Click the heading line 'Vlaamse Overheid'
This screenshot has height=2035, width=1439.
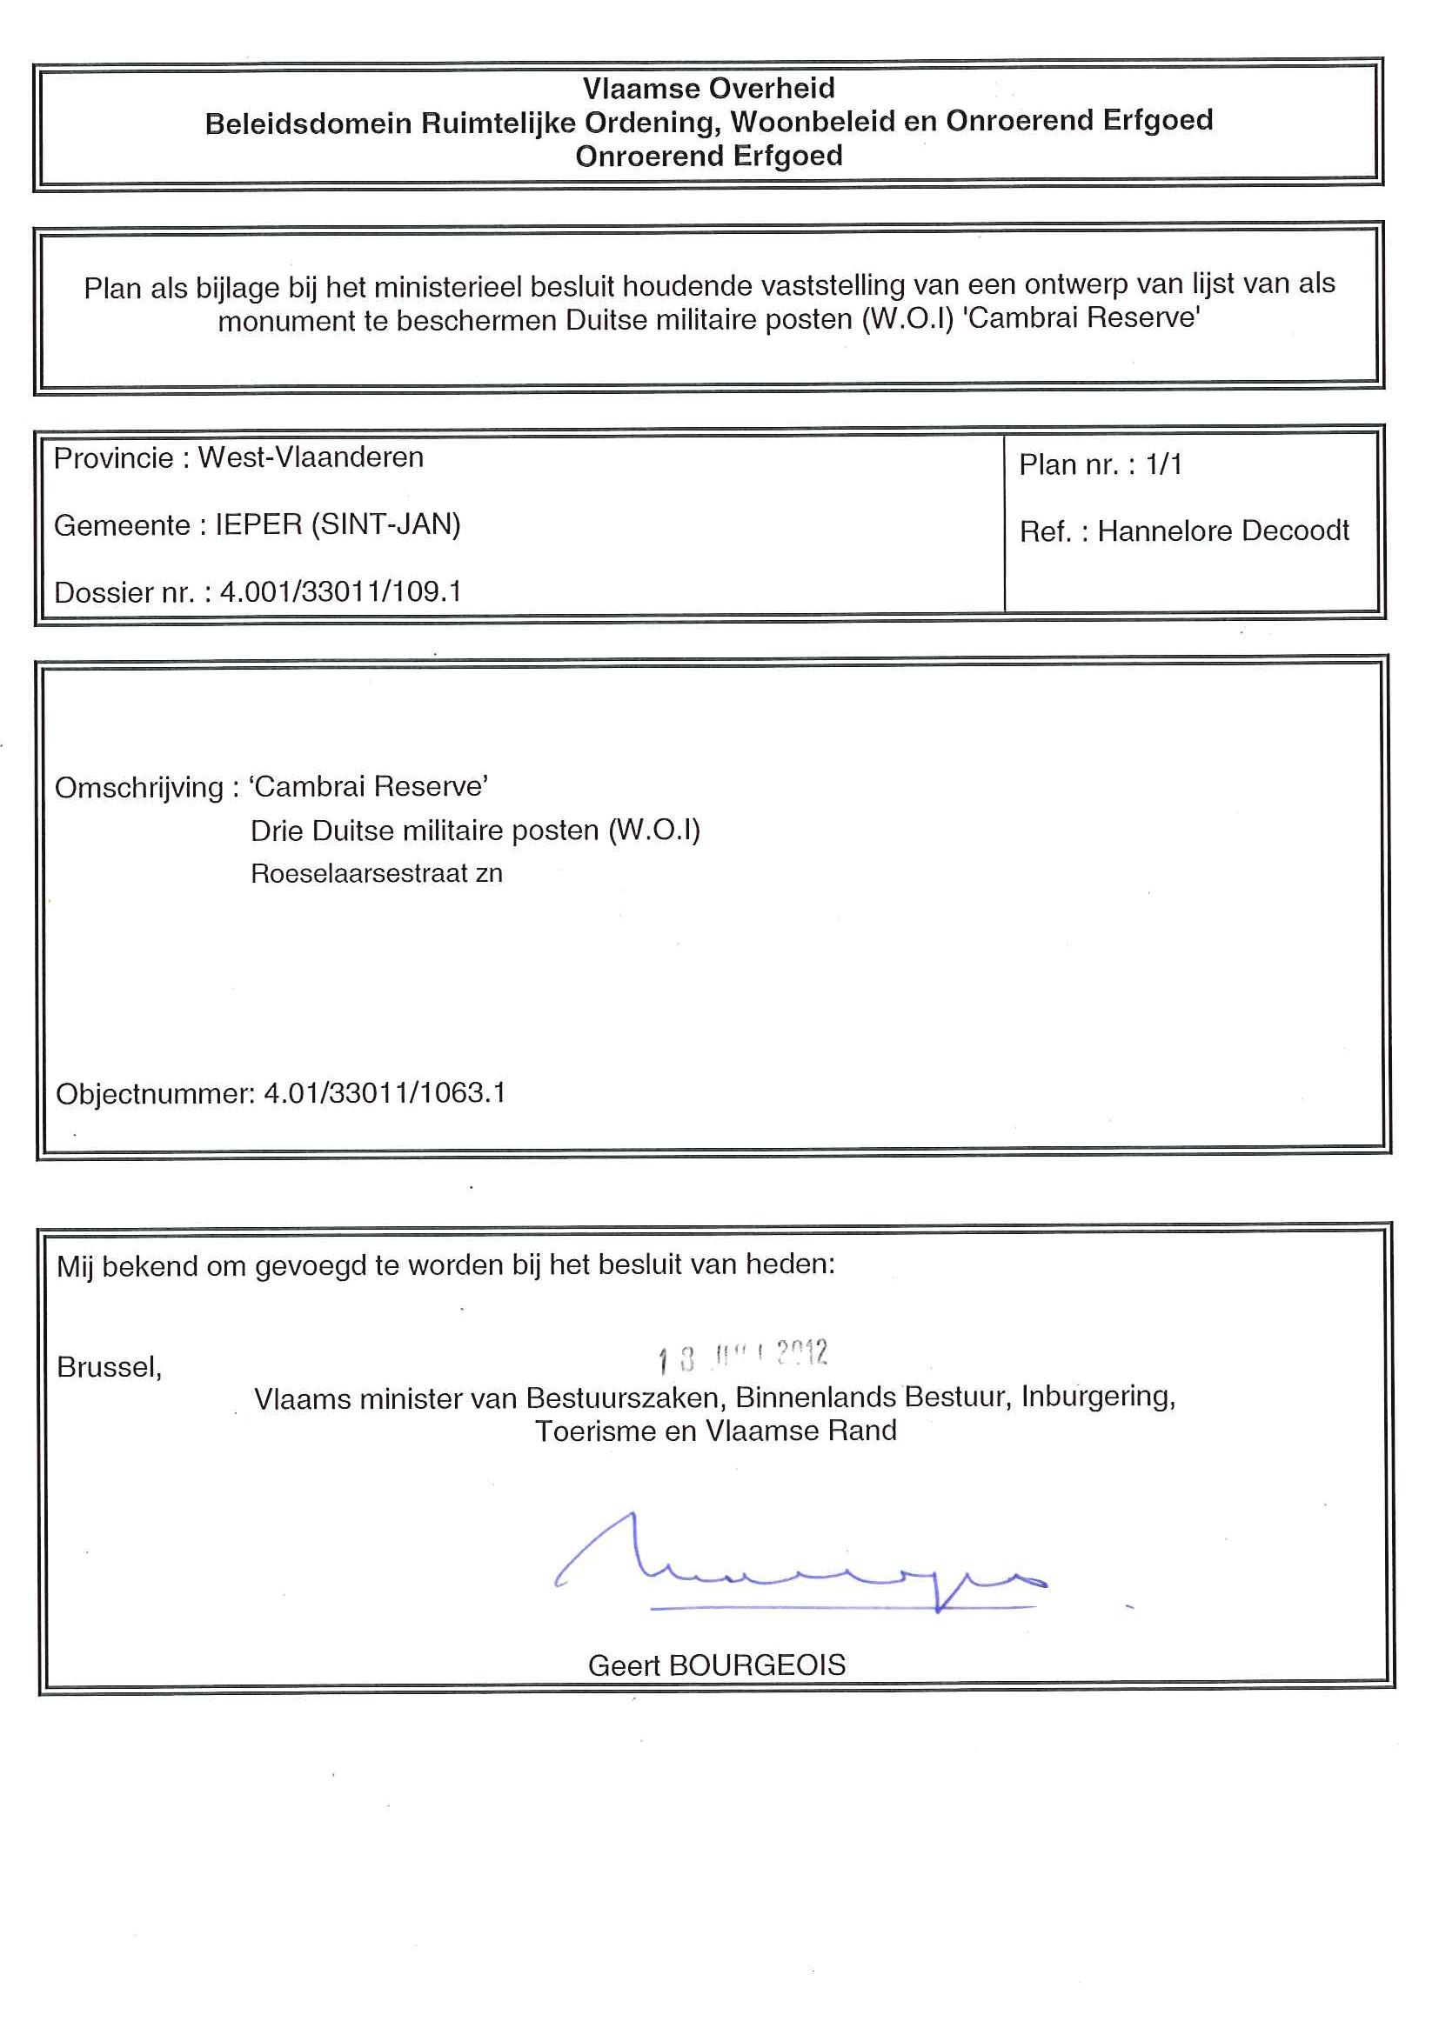point(708,88)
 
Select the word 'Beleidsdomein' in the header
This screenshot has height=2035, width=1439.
point(310,123)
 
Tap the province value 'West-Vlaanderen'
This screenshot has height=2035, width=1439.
point(311,457)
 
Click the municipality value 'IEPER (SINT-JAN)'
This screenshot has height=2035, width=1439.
point(338,524)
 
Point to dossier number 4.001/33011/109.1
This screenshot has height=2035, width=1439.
point(340,591)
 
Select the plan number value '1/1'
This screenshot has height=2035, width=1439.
point(1163,464)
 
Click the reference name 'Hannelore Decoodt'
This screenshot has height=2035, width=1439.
point(1222,530)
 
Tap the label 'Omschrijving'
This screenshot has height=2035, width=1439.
point(139,787)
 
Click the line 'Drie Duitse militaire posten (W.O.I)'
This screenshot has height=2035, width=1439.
point(475,831)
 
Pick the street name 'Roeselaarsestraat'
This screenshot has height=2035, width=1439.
point(359,874)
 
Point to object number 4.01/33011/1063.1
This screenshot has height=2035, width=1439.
point(385,1093)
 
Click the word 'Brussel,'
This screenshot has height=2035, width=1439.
point(109,1367)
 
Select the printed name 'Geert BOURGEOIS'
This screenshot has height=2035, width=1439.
point(716,1665)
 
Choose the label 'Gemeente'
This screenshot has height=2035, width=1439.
point(123,525)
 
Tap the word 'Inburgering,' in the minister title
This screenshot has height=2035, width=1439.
point(1098,1396)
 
